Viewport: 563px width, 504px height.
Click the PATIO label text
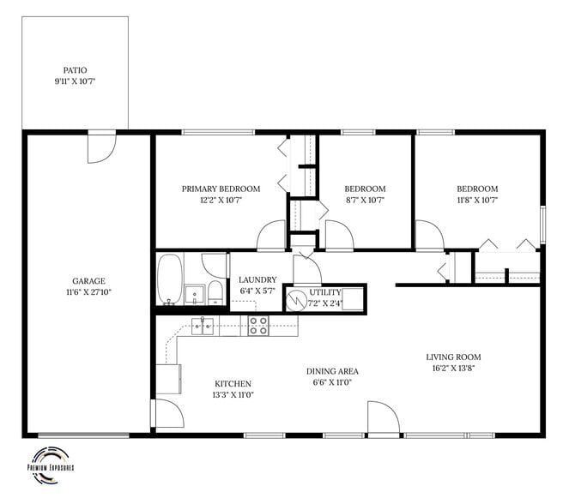(75, 70)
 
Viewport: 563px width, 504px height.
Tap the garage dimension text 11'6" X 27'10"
(88, 292)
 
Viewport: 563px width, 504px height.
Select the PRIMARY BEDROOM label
(221, 189)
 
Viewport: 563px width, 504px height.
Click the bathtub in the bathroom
(170, 279)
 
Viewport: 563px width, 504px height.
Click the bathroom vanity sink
(195, 295)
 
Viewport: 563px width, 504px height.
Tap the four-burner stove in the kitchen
(258, 325)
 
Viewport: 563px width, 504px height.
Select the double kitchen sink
(203, 325)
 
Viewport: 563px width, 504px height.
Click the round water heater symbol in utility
(296, 299)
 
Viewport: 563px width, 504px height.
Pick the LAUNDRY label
(257, 279)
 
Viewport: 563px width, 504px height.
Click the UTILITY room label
(326, 292)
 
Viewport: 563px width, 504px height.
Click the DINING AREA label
(332, 371)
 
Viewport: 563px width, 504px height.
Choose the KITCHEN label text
(233, 383)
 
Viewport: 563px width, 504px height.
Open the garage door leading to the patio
(100, 148)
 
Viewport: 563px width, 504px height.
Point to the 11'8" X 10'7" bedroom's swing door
(427, 236)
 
